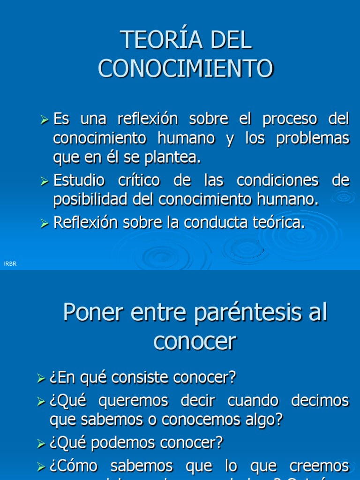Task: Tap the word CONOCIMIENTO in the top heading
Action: point(186,68)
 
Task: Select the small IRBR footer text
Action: point(10,264)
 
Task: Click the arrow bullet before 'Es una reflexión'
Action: point(45,120)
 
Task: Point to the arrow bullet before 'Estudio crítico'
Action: point(45,181)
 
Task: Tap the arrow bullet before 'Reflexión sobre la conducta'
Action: point(45,224)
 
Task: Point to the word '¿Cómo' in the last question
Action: point(73,466)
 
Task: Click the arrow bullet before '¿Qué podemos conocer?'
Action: point(41,443)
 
